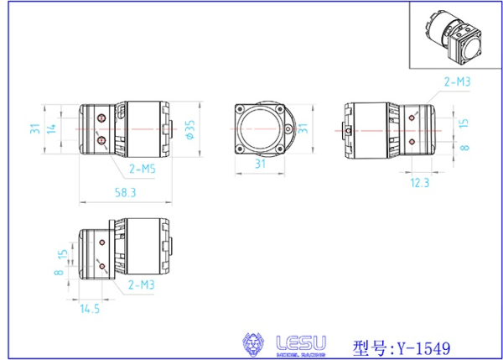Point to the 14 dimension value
(x=52, y=128)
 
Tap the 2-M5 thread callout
(x=143, y=169)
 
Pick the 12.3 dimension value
(x=420, y=182)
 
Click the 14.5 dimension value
(x=90, y=309)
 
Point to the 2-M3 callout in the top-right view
(x=456, y=81)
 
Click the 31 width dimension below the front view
(x=260, y=165)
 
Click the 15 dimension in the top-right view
(x=464, y=123)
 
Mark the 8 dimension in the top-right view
(x=464, y=146)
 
